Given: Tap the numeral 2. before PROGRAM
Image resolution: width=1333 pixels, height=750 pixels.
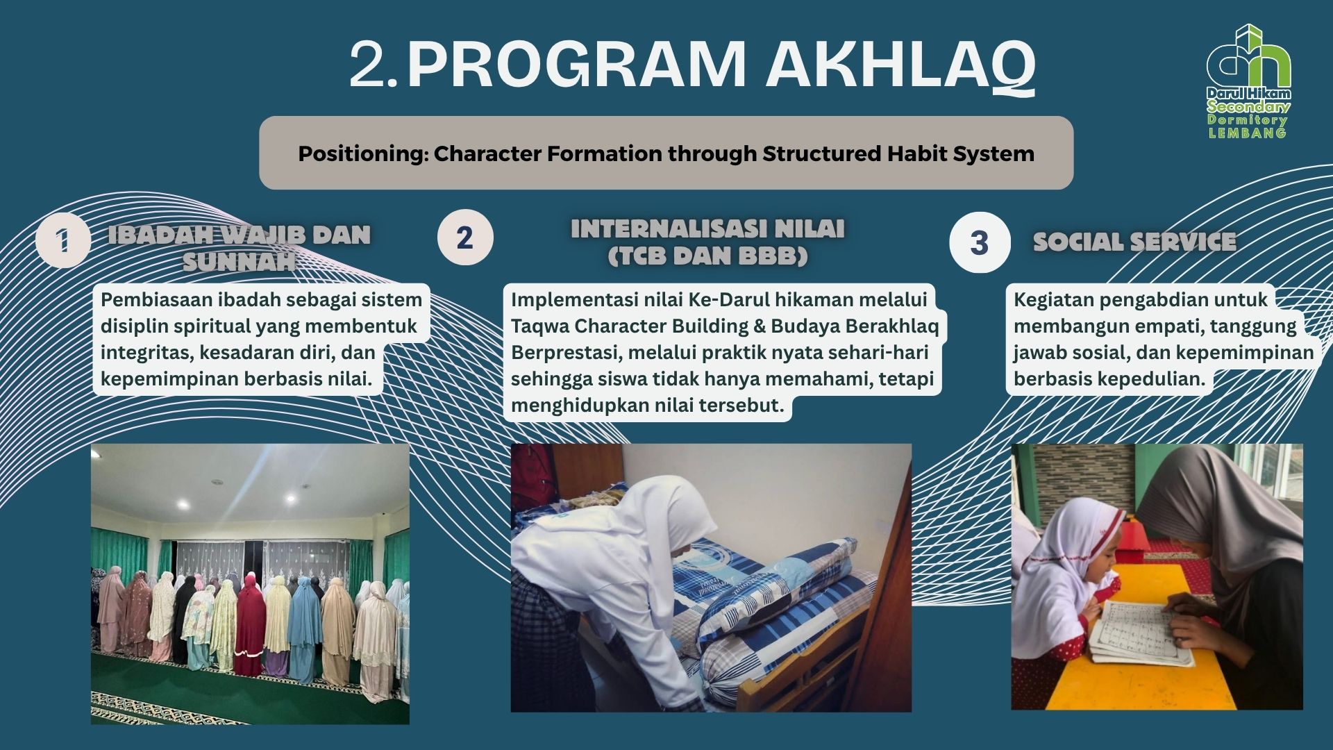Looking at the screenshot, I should click(374, 65).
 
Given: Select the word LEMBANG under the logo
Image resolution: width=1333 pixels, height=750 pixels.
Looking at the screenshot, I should click(1248, 133).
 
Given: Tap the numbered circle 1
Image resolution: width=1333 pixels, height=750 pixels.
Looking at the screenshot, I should click(63, 241).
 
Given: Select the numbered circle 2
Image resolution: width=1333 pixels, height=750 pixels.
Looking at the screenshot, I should click(464, 237).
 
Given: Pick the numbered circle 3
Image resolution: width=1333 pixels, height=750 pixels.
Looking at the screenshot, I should click(979, 242).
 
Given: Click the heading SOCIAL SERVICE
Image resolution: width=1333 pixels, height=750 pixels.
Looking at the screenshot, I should click(1134, 242).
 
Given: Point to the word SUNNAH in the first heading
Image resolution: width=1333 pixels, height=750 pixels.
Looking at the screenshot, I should click(239, 262).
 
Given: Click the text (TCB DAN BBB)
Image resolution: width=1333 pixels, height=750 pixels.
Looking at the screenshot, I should click(707, 256).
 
